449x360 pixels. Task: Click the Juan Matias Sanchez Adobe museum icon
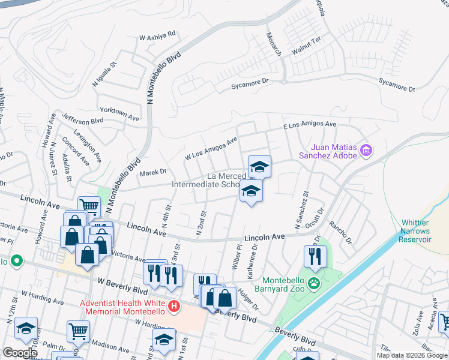[366, 151]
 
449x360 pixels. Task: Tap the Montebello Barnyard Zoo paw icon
[313, 282]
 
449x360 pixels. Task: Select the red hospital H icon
[174, 307]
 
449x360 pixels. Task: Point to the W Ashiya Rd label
[157, 36]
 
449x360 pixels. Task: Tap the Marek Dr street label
[152, 172]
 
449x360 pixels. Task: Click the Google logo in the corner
[19, 353]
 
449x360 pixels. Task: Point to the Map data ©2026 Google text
[412, 355]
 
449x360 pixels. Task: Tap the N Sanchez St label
[301, 210]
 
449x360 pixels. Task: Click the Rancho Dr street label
[345, 234]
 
